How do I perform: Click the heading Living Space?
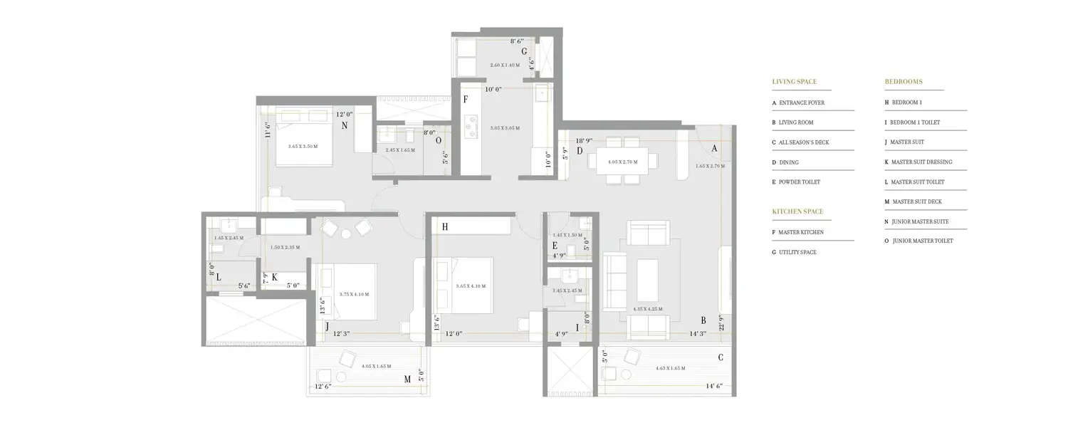pyautogui.click(x=794, y=82)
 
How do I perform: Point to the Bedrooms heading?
pyautogui.click(x=904, y=82)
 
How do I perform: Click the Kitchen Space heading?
pyautogui.click(x=797, y=211)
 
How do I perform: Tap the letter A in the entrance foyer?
pyautogui.click(x=713, y=149)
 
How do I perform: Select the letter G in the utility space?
pyautogui.click(x=524, y=51)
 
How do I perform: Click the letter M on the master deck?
pyautogui.click(x=407, y=379)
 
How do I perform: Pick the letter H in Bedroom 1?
pyautogui.click(x=444, y=227)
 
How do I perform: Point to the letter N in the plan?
pyautogui.click(x=344, y=125)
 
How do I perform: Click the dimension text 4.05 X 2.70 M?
pyautogui.click(x=622, y=162)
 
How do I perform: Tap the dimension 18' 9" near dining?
pyautogui.click(x=585, y=141)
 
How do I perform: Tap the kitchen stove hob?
pyautogui.click(x=471, y=127)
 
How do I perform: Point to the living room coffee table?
pyautogui.click(x=647, y=280)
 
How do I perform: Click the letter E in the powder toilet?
pyautogui.click(x=555, y=246)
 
